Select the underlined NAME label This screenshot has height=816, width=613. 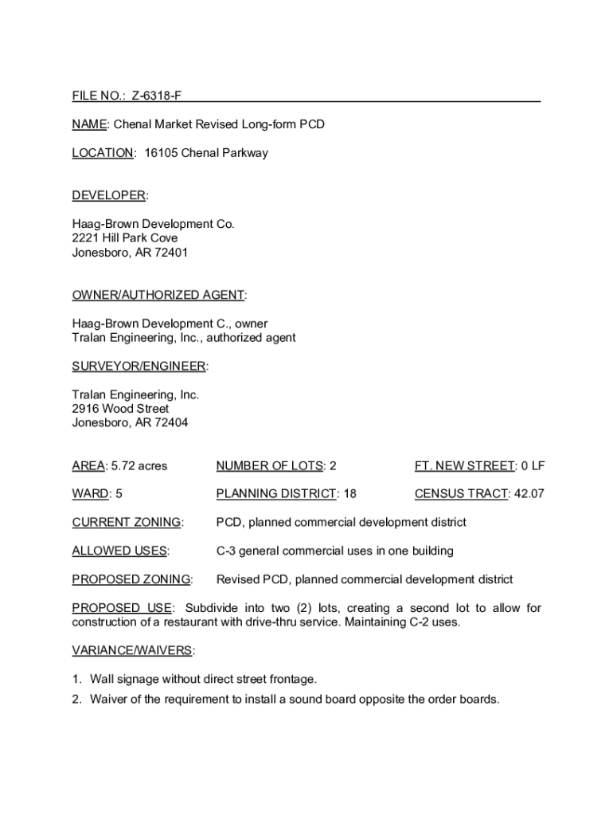(x=89, y=125)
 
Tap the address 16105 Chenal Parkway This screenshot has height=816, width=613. (x=206, y=153)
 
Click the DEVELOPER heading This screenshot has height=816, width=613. (x=108, y=196)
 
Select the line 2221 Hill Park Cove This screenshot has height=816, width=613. (x=125, y=238)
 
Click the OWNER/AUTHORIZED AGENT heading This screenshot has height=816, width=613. (x=158, y=296)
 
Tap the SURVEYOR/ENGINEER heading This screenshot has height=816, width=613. (x=139, y=367)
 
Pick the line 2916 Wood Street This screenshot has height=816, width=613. (x=120, y=409)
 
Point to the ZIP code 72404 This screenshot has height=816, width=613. (x=173, y=423)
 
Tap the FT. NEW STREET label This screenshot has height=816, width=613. (x=464, y=466)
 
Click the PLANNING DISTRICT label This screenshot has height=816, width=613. (x=275, y=494)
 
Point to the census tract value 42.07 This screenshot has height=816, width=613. (x=529, y=494)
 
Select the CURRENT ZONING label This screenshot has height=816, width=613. (x=126, y=523)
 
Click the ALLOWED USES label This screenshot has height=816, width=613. (x=119, y=551)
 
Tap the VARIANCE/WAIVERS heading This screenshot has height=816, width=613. (x=132, y=651)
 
